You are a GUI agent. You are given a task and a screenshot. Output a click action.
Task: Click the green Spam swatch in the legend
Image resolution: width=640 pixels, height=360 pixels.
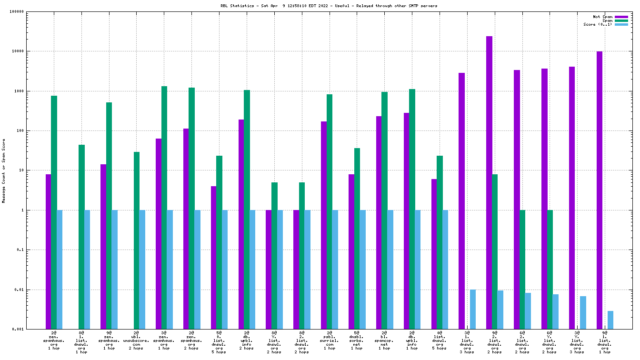621,21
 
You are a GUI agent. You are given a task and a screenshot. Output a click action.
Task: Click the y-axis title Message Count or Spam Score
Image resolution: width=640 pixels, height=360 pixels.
4,171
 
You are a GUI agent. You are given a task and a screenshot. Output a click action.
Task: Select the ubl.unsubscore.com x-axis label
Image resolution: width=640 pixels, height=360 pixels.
136,343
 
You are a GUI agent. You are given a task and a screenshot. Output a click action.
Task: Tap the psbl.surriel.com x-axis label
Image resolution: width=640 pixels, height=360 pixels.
329,343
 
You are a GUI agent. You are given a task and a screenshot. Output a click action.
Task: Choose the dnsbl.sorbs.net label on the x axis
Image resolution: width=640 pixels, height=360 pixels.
357,343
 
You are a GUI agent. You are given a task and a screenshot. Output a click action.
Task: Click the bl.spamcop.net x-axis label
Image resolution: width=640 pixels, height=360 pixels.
384,343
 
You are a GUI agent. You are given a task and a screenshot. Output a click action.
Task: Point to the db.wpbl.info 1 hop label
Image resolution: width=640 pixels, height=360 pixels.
412,343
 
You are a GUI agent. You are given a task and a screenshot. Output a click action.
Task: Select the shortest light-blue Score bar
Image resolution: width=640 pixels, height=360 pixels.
610,320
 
